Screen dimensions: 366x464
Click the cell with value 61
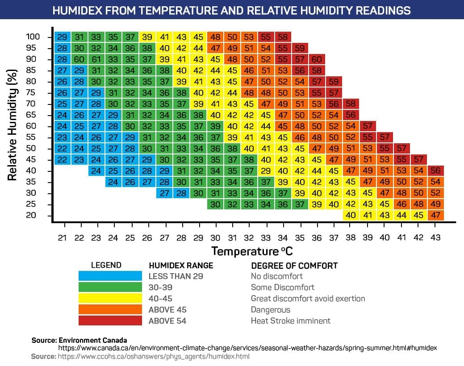[x=96, y=59]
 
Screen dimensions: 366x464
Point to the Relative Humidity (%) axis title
[x=12, y=124]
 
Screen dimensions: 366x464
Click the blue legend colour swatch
[x=110, y=276]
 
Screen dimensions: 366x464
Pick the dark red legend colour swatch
[x=110, y=320]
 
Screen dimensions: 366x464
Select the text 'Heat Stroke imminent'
[x=291, y=320]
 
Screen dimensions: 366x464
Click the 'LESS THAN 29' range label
[x=176, y=276]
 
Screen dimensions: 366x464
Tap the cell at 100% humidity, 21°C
[x=63, y=37]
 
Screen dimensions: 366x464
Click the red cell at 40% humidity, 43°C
[x=436, y=171]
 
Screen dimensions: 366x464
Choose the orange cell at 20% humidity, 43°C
[x=436, y=216]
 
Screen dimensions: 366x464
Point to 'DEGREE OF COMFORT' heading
[x=294, y=266]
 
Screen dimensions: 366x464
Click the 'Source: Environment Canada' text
[x=79, y=340]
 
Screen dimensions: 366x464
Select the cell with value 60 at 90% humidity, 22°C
[x=79, y=59]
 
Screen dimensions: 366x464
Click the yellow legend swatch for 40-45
[x=110, y=299]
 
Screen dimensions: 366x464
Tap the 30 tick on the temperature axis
[x=215, y=237]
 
